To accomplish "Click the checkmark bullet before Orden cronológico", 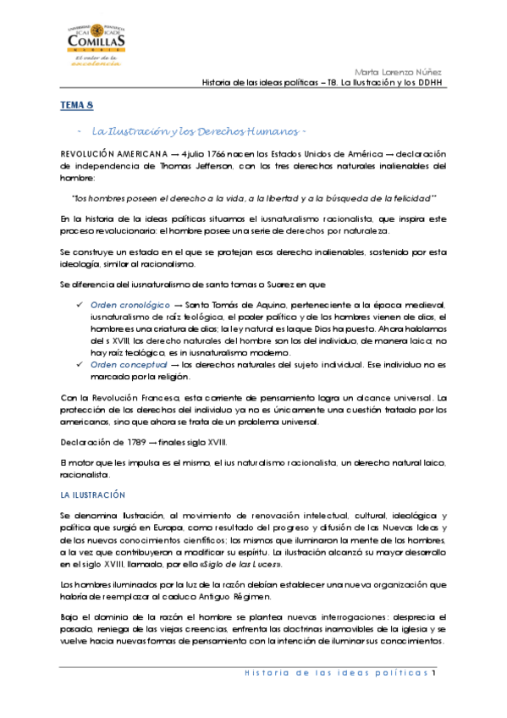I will pos(80,304).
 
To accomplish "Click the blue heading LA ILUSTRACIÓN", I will pos(92,494).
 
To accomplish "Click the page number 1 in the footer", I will pos(433,673).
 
